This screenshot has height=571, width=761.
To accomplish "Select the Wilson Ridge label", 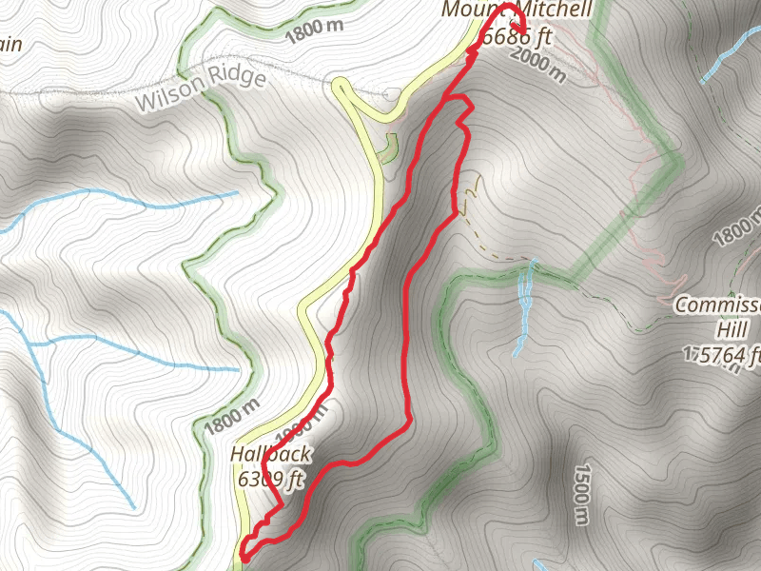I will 200,89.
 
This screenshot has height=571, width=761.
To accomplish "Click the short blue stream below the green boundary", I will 524,305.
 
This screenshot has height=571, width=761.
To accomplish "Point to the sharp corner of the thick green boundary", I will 677,162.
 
